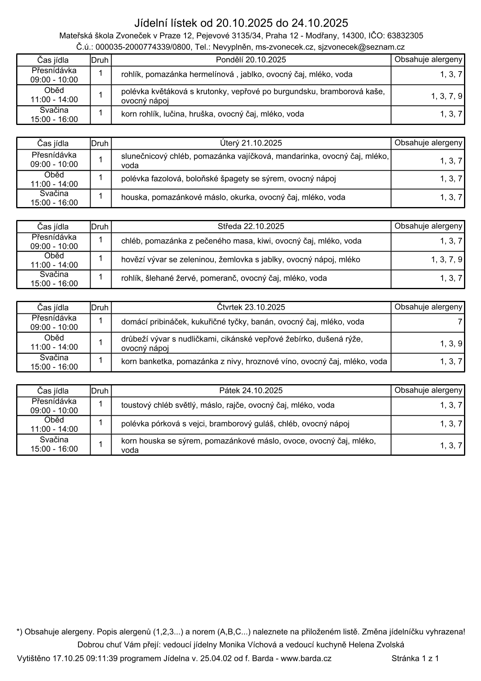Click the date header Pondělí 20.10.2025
tap(251, 60)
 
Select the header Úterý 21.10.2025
tap(251, 143)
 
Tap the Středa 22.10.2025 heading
tap(251, 226)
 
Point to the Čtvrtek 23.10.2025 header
tap(251, 307)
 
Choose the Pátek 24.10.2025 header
tap(251, 391)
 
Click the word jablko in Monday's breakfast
tap(251, 74)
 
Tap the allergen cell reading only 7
tap(460, 322)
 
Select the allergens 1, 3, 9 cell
tap(451, 344)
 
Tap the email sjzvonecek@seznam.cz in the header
tap(361, 47)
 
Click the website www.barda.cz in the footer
tap(306, 658)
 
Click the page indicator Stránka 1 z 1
tap(415, 658)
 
